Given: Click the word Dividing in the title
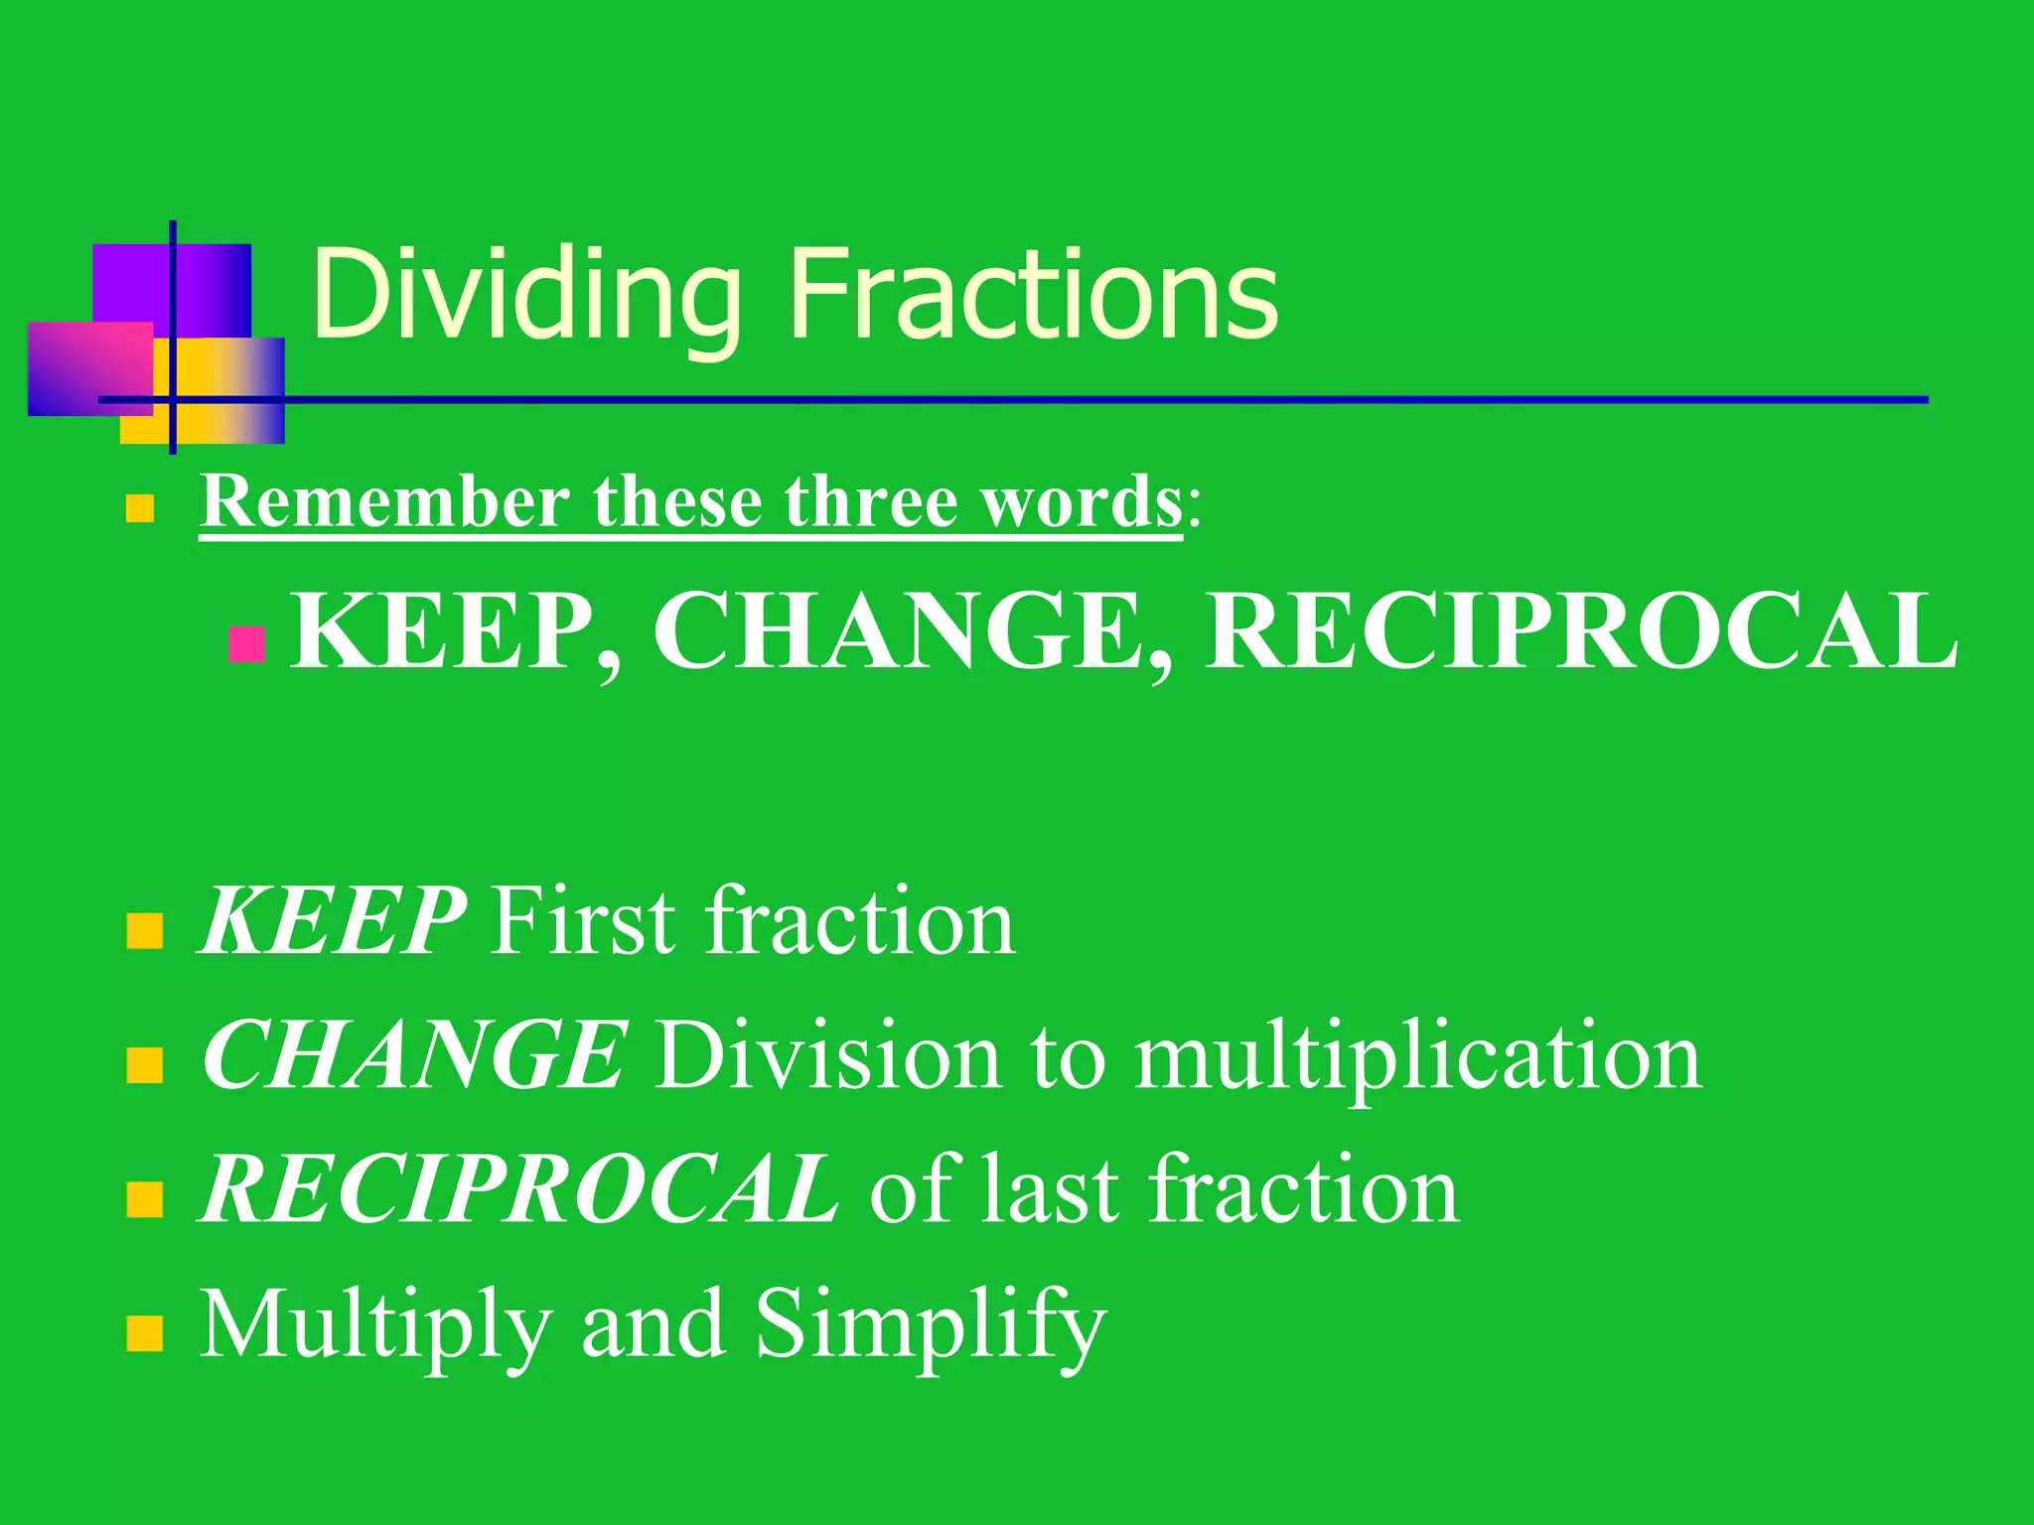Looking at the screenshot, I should pyautogui.click(x=527, y=295).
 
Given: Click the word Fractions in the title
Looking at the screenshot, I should pyautogui.click(x=1034, y=295).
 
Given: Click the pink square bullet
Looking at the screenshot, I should pyautogui.click(x=246, y=644).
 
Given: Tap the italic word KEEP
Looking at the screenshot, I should pyautogui.click(x=332, y=921).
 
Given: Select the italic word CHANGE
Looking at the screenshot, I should pyautogui.click(x=413, y=1055).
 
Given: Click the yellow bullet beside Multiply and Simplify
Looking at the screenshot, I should pyautogui.click(x=145, y=1334).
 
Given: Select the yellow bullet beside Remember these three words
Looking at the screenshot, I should pyautogui.click(x=140, y=509).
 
